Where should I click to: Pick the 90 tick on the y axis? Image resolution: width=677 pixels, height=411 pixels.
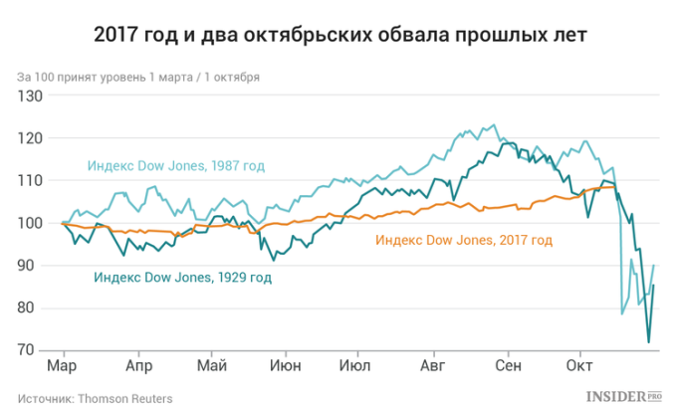[x=35, y=266]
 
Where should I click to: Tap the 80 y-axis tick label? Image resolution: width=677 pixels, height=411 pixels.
[x=35, y=308]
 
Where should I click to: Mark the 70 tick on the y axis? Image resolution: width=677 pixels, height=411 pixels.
[x=35, y=351]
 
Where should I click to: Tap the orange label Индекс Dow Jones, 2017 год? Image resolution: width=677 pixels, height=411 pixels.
[x=463, y=240]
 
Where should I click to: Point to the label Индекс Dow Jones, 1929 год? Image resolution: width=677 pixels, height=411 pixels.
[x=182, y=278]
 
